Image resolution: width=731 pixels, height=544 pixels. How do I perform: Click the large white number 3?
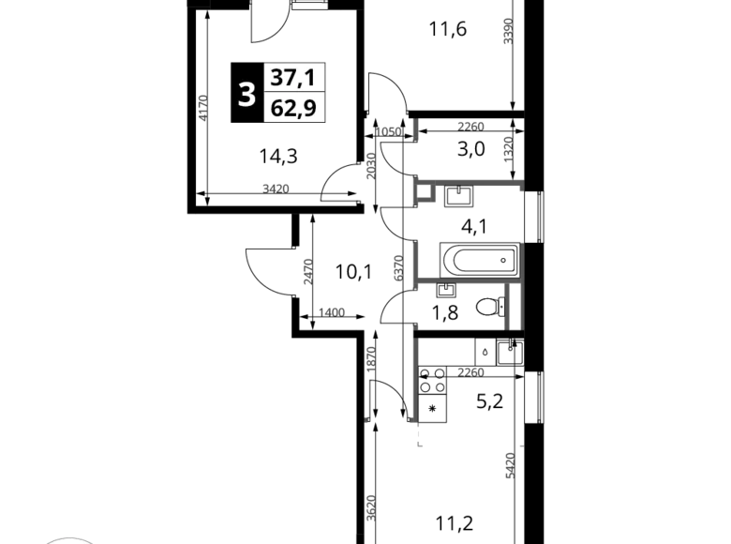pyautogui.click(x=246, y=95)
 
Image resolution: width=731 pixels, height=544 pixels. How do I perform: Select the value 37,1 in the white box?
pyautogui.click(x=295, y=77)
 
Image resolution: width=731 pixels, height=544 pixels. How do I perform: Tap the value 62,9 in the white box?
pyautogui.click(x=295, y=109)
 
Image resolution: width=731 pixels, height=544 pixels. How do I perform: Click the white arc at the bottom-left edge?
pyautogui.click(x=70, y=539)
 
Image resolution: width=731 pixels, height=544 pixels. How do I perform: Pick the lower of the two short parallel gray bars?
pyautogui.click(x=437, y=139)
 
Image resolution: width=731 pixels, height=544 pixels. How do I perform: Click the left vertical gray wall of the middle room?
pyautogui.click(x=414, y=262)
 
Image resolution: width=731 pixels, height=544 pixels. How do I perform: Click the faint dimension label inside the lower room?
pyautogui.click(x=471, y=376)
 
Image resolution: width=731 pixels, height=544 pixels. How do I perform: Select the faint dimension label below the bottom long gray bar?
pyautogui.click(x=509, y=464)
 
